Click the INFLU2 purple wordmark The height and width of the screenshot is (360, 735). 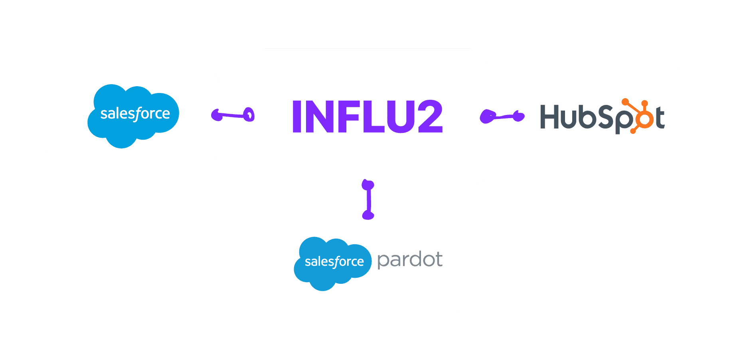point(367,117)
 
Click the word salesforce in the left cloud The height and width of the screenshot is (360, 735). point(135,114)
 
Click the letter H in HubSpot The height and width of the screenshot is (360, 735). point(550,117)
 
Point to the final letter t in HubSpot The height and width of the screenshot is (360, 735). point(660,118)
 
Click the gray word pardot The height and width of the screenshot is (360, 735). point(409,260)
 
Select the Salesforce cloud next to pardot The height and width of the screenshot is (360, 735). point(332,263)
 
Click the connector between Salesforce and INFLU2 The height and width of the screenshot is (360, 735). point(233,116)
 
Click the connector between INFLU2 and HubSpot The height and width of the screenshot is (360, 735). point(502,117)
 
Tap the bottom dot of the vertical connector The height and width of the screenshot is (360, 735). point(368,215)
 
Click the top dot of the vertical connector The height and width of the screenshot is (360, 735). point(368,185)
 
